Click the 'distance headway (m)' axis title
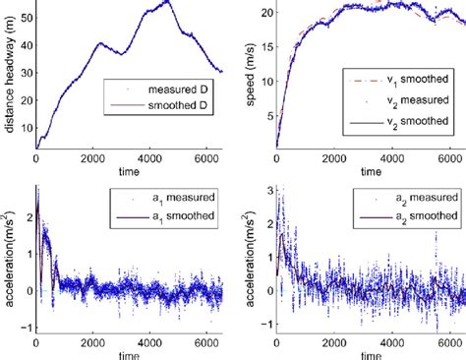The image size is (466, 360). tap(9, 74)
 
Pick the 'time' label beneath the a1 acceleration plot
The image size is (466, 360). tap(129, 352)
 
